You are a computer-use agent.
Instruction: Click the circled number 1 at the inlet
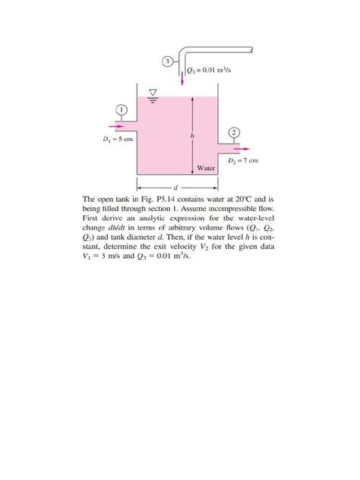pyautogui.click(x=120, y=109)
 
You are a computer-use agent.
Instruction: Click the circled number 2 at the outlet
pyautogui.click(x=234, y=132)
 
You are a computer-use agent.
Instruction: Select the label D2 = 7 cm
pyautogui.click(x=243, y=161)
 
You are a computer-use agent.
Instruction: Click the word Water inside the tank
pyautogui.click(x=206, y=167)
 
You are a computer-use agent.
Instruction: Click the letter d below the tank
pyautogui.click(x=177, y=186)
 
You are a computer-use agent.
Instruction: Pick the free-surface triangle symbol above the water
pyautogui.click(x=152, y=93)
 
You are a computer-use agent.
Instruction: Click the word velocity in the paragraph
pyautogui.click(x=178, y=246)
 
